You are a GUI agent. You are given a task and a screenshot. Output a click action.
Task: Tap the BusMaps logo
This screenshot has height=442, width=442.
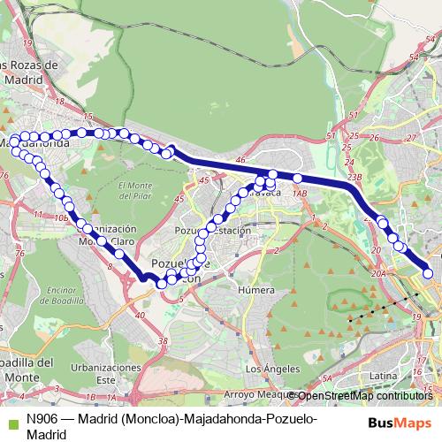(399, 423)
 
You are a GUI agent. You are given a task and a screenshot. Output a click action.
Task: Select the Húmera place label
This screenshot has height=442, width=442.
(256, 289)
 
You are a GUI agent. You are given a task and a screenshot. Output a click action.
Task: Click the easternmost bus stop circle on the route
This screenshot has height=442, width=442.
(429, 273)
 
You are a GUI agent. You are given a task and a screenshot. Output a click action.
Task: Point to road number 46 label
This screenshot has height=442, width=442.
(240, 160)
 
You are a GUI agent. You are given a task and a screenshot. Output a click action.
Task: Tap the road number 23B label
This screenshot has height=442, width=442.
(354, 177)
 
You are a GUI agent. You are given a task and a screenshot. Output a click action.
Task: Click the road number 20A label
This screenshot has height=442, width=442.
(378, 275)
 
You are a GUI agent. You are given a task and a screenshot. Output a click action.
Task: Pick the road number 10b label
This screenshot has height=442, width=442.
(61, 217)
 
